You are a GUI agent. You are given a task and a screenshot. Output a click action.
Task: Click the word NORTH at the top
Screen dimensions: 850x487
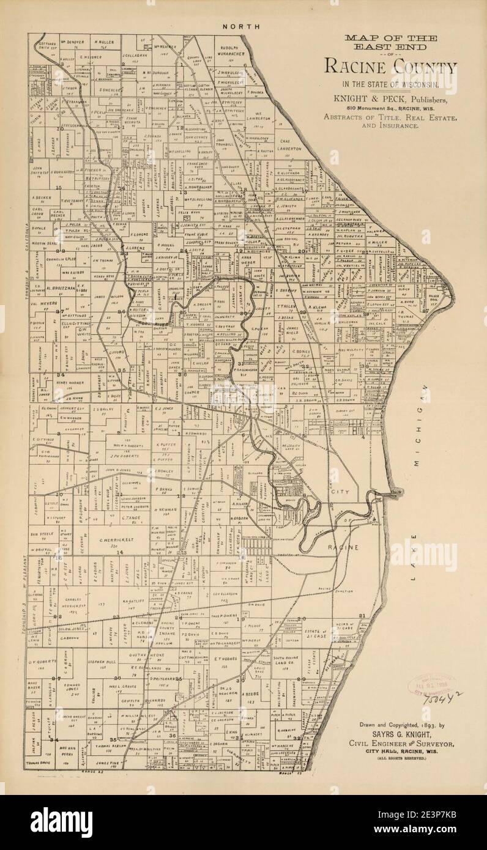coord(241,26)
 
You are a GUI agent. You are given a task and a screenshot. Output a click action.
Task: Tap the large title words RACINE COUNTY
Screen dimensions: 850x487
coord(390,67)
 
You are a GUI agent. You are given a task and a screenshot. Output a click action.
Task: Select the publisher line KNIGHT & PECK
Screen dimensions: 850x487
coord(390,98)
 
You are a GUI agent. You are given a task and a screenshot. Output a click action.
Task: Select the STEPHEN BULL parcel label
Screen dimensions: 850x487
coord(102,662)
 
